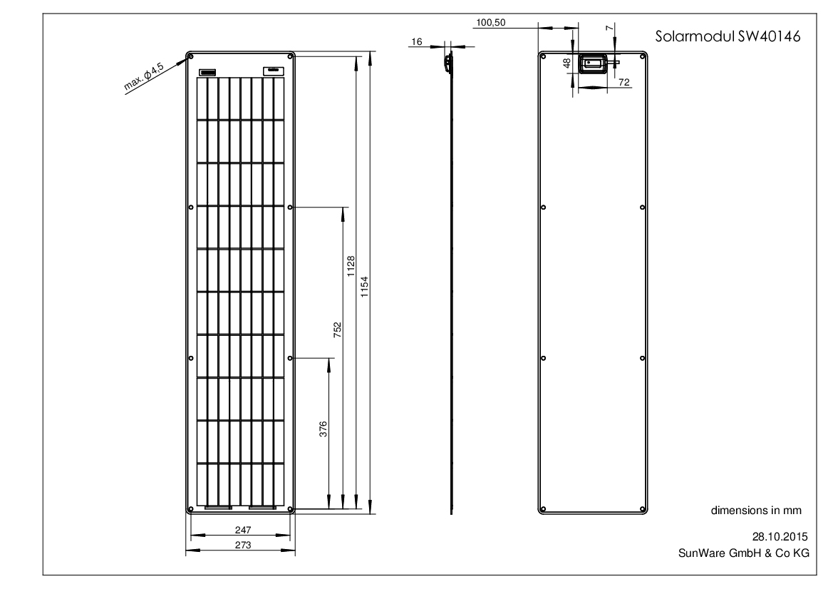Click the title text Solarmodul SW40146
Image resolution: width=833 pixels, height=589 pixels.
(728, 36)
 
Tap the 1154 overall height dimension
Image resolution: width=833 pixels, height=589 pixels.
(364, 287)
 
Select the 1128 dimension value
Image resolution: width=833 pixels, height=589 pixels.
(351, 266)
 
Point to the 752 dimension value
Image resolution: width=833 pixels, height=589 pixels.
(337, 329)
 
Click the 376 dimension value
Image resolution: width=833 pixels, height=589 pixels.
(323, 429)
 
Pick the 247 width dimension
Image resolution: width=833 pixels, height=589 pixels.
(243, 530)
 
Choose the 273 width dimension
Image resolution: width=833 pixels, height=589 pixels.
(243, 545)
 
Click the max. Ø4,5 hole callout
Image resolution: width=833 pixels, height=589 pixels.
(144, 76)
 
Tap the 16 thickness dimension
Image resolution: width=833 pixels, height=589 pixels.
(416, 41)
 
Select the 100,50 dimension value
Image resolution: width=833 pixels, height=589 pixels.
(491, 22)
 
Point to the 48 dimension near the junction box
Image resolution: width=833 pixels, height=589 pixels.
(566, 63)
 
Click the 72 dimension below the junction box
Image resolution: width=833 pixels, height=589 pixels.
(624, 82)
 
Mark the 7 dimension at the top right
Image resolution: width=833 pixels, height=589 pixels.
(609, 28)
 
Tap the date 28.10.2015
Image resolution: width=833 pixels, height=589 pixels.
(780, 536)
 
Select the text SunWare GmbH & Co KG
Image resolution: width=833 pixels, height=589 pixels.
(744, 553)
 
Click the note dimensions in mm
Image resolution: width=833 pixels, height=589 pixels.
(756, 511)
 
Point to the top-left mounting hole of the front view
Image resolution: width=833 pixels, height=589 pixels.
(191, 56)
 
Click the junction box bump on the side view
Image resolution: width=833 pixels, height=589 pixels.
(448, 61)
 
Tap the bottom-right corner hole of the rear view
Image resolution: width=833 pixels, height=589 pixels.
(643, 509)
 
